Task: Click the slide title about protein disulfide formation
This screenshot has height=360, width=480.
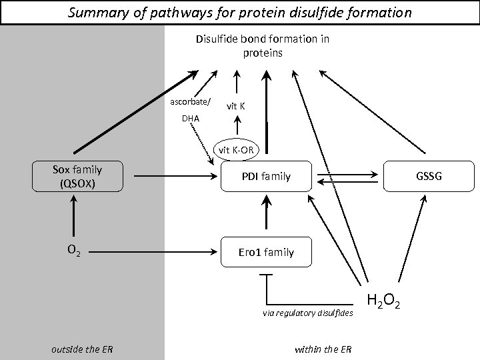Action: tap(240, 12)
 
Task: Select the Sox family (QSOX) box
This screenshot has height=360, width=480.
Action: tap(78, 177)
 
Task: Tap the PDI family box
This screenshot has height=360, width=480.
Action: tap(266, 177)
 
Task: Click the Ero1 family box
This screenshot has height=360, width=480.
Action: tap(266, 252)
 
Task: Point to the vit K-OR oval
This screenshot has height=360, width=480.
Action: tap(235, 149)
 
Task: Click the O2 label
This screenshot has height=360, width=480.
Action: tap(74, 251)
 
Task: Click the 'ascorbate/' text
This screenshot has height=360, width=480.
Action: tap(190, 103)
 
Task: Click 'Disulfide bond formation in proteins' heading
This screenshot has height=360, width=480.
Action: tap(262, 45)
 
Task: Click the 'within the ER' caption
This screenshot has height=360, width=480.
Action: tap(323, 350)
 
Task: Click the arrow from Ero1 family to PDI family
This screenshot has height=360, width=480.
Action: tap(266, 215)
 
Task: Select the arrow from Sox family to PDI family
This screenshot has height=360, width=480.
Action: tap(177, 177)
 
